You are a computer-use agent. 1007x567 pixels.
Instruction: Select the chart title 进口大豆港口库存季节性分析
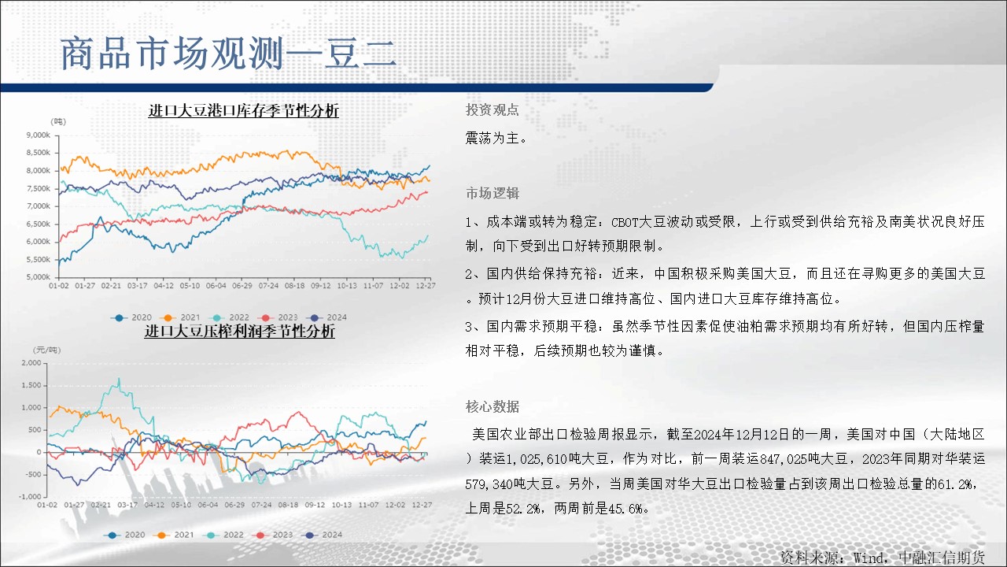[x=244, y=110]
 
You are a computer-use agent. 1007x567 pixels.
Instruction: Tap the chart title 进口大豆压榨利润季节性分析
[x=240, y=331]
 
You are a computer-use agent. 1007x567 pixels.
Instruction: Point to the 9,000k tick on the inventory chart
[x=39, y=135]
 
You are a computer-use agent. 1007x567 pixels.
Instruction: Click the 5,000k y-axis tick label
[x=39, y=276]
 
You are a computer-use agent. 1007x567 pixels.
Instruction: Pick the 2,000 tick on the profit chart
[x=31, y=363]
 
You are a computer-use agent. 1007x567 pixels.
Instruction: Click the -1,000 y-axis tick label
[x=30, y=496]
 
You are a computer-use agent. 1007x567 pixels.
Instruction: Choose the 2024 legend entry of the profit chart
[x=323, y=535]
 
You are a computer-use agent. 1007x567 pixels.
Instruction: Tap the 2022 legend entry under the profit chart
[x=224, y=535]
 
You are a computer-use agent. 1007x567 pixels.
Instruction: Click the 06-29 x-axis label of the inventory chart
[x=242, y=286]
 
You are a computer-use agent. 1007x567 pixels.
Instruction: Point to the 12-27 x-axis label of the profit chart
[x=422, y=505]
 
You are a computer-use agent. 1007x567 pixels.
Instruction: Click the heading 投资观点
[x=492, y=109]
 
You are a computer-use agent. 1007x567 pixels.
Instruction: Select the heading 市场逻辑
[x=492, y=193]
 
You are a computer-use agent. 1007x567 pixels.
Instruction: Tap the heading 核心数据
[x=492, y=406]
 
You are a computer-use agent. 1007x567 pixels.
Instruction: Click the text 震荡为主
[x=492, y=138]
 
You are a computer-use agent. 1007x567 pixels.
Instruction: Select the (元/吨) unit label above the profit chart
[x=46, y=350]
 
